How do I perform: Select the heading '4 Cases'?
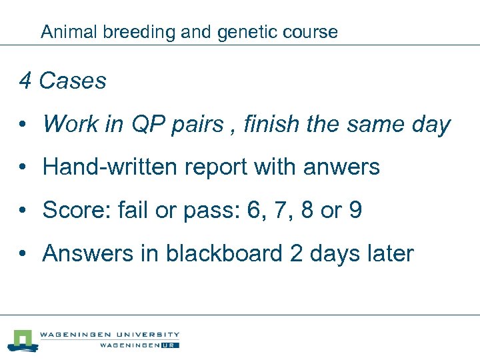click(63, 81)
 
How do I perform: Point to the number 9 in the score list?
click(355, 211)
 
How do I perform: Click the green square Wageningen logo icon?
click(23, 339)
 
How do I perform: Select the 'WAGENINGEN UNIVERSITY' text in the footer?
click(109, 335)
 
